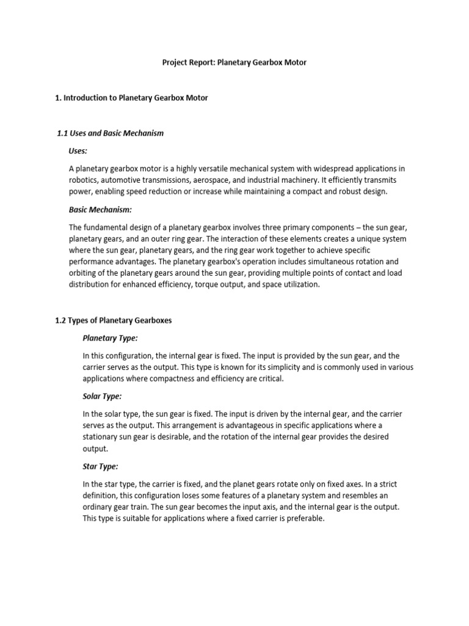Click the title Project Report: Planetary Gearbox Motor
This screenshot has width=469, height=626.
[x=234, y=63]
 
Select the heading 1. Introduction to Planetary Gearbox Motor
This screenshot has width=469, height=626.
[x=131, y=98]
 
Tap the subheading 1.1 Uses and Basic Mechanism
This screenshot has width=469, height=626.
[x=110, y=133]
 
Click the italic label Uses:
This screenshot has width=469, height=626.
[x=78, y=150]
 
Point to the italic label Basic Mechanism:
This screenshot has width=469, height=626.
[x=100, y=209]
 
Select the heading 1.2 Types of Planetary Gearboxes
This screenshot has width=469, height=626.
[x=117, y=320]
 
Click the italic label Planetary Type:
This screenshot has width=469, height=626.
[x=110, y=337]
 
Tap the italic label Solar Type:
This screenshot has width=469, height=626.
[x=102, y=397]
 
